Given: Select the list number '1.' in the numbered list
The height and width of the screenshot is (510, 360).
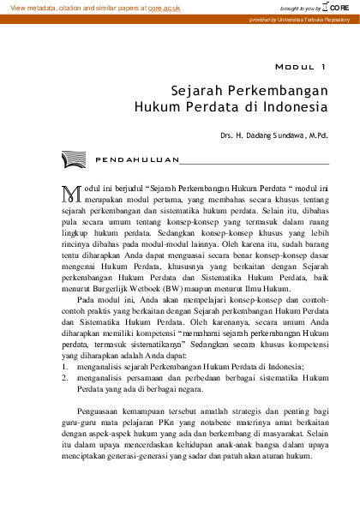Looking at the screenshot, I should click(x=65, y=365).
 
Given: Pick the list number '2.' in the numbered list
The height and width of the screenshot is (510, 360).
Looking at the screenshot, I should click(x=65, y=376).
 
